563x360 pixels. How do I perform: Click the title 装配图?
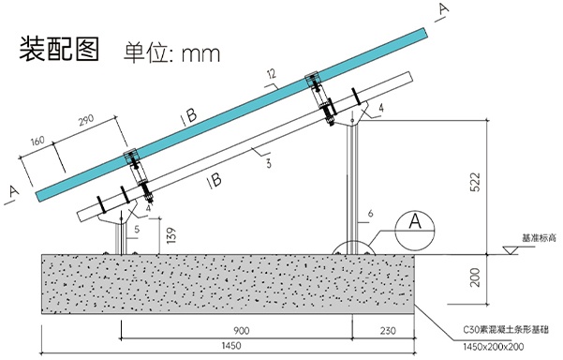59,49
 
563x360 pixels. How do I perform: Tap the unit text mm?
200,53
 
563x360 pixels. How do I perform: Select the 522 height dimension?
475,182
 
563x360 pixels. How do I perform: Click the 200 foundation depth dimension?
475,277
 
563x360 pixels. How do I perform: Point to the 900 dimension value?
242,331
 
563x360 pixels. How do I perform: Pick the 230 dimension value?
388,331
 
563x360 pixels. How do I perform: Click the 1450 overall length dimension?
231,346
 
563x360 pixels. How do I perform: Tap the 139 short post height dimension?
171,235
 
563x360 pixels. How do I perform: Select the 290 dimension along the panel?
86,120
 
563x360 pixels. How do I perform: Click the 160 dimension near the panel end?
37,141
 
